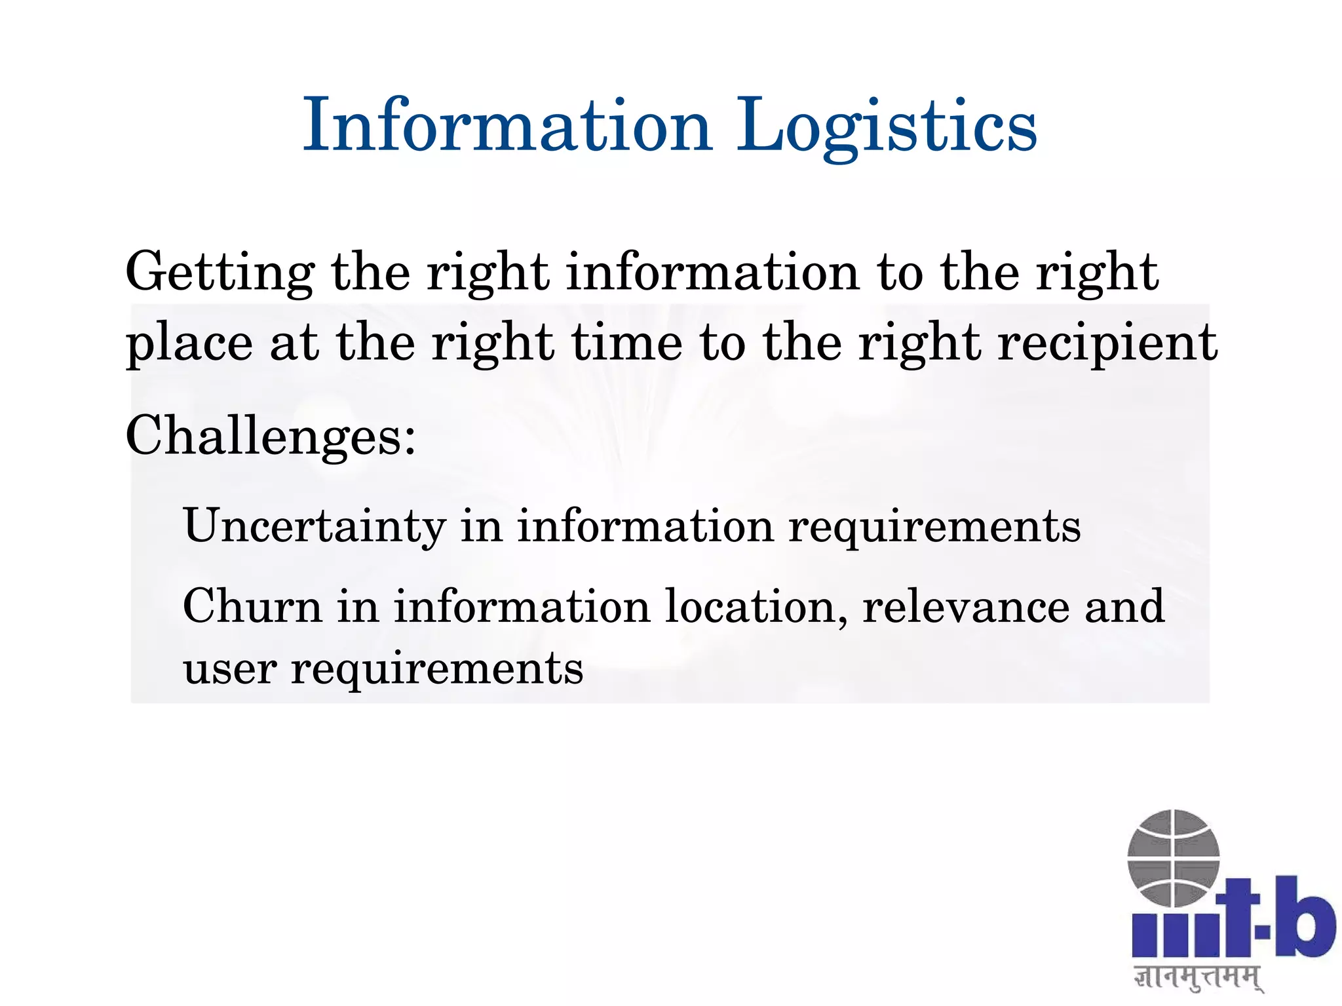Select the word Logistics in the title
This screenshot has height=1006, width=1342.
click(x=887, y=126)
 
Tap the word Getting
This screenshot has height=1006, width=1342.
click(x=220, y=273)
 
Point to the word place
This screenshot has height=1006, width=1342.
click(x=189, y=343)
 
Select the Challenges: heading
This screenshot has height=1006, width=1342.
click(x=271, y=436)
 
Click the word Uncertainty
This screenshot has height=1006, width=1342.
click(x=315, y=526)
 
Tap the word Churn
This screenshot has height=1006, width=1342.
click(x=252, y=606)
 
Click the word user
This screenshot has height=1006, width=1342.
click(x=229, y=668)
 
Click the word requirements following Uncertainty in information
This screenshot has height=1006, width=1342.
click(x=934, y=526)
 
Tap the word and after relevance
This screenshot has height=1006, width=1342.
click(x=1124, y=606)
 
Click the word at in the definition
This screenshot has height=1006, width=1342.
click(x=294, y=343)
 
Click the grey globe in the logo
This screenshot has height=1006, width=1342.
click(x=1173, y=859)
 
